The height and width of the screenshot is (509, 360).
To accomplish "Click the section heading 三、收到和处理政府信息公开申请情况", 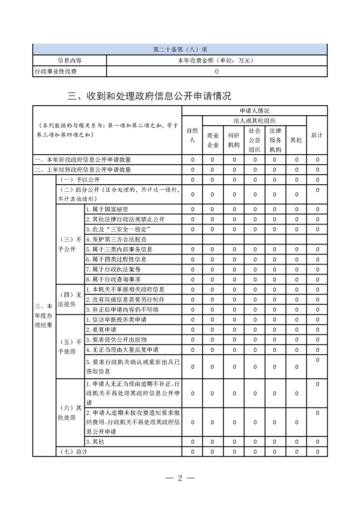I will pyautogui.click(x=149, y=96).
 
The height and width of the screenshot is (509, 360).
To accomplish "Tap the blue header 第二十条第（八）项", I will pyautogui.click(x=180, y=49).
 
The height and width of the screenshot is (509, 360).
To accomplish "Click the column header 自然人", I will pyautogui.click(x=192, y=135).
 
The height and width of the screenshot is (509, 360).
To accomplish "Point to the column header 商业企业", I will pyautogui.click(x=213, y=140).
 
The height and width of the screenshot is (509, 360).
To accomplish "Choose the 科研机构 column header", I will pyautogui.click(x=234, y=140).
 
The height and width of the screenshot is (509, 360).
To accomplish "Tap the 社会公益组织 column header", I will pyautogui.click(x=255, y=140).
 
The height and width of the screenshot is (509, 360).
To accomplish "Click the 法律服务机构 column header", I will pyautogui.click(x=275, y=140).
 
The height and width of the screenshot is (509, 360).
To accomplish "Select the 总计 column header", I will pyautogui.click(x=317, y=135).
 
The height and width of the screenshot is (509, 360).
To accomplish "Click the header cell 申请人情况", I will pyautogui.click(x=255, y=110).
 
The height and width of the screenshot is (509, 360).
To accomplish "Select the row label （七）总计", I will pyautogui.click(x=73, y=451).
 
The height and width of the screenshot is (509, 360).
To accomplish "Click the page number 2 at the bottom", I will pyautogui.click(x=180, y=478).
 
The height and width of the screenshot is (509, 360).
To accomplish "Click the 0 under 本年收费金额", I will pyautogui.click(x=217, y=71).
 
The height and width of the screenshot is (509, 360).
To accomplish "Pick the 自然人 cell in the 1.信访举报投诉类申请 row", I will pyautogui.click(x=192, y=319).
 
